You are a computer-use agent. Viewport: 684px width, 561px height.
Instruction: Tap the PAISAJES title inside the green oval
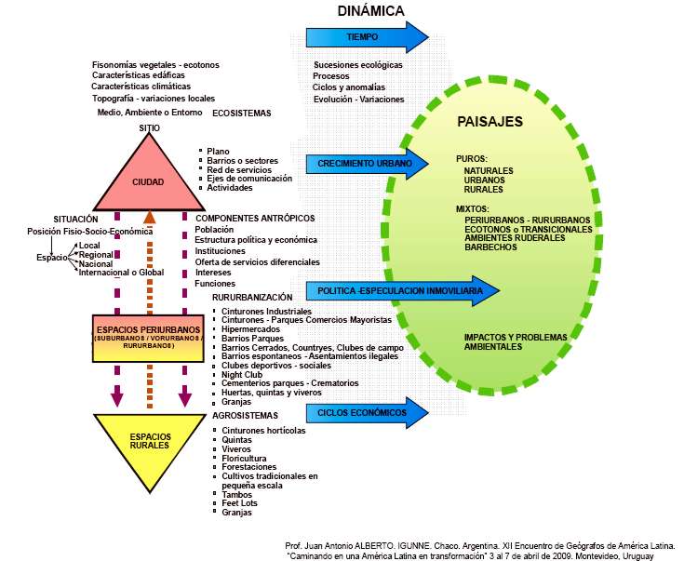point(490,122)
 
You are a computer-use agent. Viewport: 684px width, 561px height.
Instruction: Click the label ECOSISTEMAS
point(241,113)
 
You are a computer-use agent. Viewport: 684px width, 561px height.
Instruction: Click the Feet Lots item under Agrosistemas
point(240,503)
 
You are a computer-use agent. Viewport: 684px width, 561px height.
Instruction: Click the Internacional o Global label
point(121,272)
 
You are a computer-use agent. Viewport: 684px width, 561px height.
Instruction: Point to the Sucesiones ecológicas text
point(358,65)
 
